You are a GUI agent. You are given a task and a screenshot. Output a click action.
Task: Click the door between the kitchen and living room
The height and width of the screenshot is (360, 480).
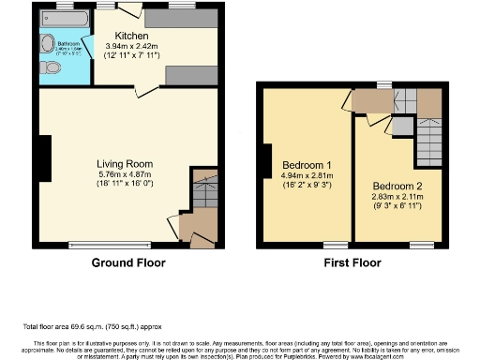[142, 90]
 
